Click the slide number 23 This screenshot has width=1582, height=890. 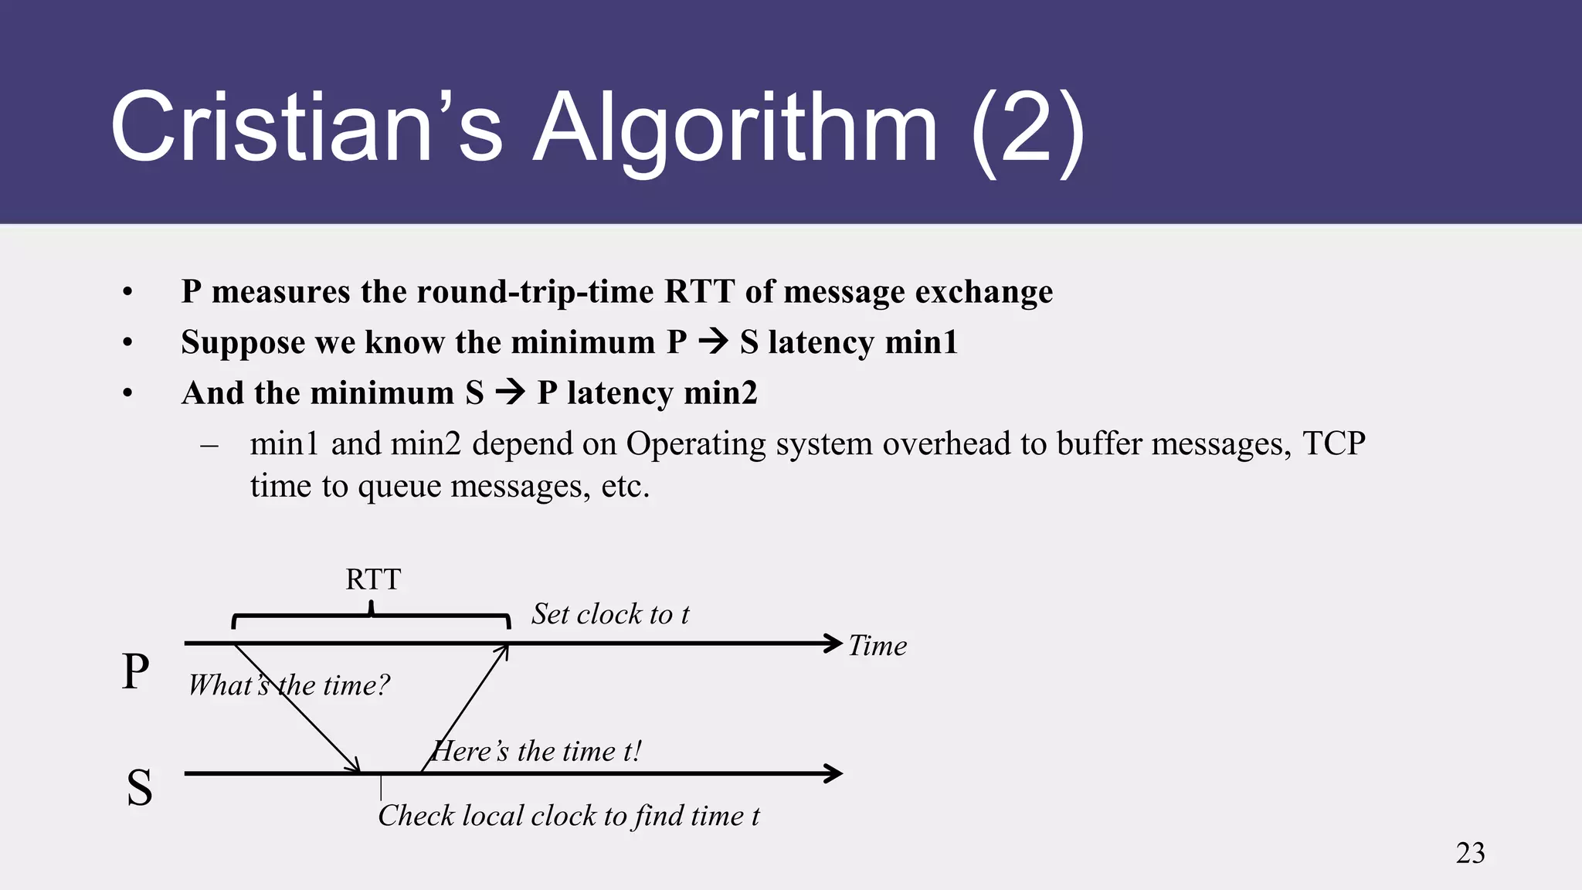(1470, 853)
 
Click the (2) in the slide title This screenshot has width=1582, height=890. (1027, 127)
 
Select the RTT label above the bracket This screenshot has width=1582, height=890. (373, 579)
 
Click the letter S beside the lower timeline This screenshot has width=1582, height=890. (139, 788)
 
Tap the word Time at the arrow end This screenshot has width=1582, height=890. (878, 646)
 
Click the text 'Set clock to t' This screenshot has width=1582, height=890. (610, 614)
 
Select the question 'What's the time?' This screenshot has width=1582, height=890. (289, 685)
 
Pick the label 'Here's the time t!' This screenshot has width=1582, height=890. (537, 751)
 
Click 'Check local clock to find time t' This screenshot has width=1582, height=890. (569, 816)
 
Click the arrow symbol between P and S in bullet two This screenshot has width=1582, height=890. (713, 342)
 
